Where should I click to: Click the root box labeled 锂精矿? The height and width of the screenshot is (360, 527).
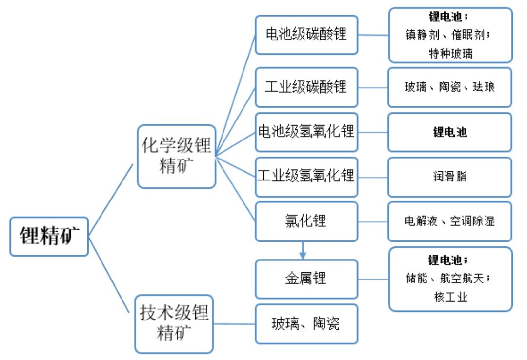pyautogui.click(x=49, y=237)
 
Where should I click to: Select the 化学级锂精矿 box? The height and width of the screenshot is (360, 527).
pyautogui.click(x=176, y=156)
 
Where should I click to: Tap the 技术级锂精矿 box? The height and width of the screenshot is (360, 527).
pyautogui.click(x=174, y=323)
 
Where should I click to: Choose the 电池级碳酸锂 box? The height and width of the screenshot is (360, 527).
pyautogui.click(x=306, y=35)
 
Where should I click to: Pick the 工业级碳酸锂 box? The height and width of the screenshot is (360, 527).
pyautogui.click(x=306, y=87)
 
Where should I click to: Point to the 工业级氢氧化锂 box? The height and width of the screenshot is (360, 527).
pyautogui.click(x=306, y=176)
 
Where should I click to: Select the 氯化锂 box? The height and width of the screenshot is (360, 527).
pyautogui.click(x=306, y=221)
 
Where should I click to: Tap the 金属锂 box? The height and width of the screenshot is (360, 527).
pyautogui.click(x=306, y=279)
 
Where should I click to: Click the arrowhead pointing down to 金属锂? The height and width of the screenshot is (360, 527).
pyautogui.click(x=303, y=255)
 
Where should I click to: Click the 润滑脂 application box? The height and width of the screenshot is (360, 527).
pyautogui.click(x=449, y=176)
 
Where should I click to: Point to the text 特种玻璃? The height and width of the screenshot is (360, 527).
pyautogui.click(x=450, y=53)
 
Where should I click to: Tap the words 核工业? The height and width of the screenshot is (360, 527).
pyautogui.click(x=450, y=297)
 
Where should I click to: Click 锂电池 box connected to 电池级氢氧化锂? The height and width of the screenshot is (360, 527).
pyautogui.click(x=449, y=132)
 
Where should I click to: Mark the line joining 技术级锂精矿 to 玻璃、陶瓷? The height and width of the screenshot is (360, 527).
pyautogui.click(x=234, y=324)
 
